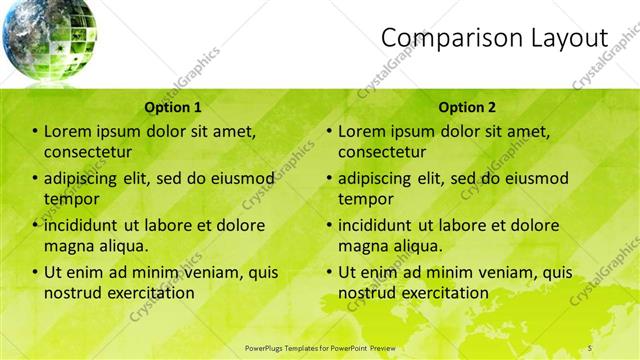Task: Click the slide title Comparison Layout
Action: click(x=494, y=38)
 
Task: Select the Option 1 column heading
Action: click(x=173, y=106)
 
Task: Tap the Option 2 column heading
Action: click(x=467, y=106)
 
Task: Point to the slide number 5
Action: click(x=590, y=347)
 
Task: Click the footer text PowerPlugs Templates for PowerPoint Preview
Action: click(x=320, y=347)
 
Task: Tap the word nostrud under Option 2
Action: click(x=369, y=293)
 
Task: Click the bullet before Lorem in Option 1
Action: click(x=36, y=131)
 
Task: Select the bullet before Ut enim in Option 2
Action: click(x=329, y=272)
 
